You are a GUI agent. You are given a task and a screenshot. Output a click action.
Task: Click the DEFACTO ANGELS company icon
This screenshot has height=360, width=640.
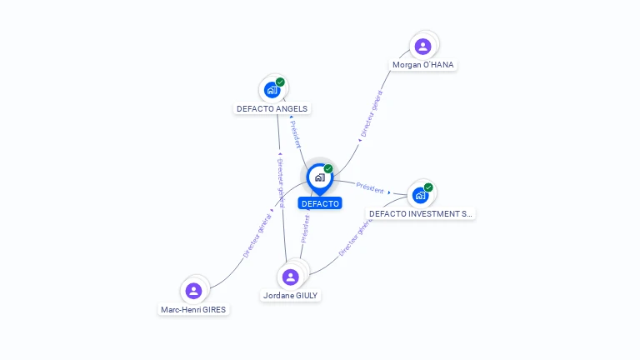click(272, 89)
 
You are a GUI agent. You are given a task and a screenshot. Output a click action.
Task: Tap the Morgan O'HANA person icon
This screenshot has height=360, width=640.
click(422, 47)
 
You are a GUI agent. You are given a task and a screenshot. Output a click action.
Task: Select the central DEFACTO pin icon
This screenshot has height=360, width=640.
click(319, 177)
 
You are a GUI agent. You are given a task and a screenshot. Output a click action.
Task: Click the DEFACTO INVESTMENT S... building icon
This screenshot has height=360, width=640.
click(421, 195)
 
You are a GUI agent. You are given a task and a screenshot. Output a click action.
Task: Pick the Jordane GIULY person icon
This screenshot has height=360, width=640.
click(290, 277)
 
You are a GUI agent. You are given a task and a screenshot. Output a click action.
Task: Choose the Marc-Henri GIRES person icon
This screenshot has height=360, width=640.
click(194, 291)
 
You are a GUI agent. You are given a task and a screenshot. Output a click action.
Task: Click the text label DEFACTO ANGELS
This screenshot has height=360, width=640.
click(272, 108)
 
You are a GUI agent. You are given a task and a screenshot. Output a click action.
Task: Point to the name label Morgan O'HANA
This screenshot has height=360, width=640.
click(424, 65)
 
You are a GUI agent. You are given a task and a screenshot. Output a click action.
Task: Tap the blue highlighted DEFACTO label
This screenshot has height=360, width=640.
click(320, 203)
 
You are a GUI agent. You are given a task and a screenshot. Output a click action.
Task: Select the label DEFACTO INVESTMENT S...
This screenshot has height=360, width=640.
click(421, 214)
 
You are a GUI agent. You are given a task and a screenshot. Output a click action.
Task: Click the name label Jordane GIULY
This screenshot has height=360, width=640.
click(291, 296)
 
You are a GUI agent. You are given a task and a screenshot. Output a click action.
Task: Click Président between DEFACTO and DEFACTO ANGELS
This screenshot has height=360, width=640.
click(296, 133)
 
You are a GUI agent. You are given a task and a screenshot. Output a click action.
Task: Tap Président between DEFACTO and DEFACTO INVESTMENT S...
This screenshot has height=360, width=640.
click(370, 187)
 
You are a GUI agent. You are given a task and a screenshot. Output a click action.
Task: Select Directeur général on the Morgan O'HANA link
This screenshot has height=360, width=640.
click(371, 115)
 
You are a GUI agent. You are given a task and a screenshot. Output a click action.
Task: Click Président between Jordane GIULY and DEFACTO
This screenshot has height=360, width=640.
click(305, 229)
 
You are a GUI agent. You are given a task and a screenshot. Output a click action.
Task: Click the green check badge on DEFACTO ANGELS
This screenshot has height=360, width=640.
click(281, 82)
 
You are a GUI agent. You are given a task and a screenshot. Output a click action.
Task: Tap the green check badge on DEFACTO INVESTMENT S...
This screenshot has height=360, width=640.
click(428, 187)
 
